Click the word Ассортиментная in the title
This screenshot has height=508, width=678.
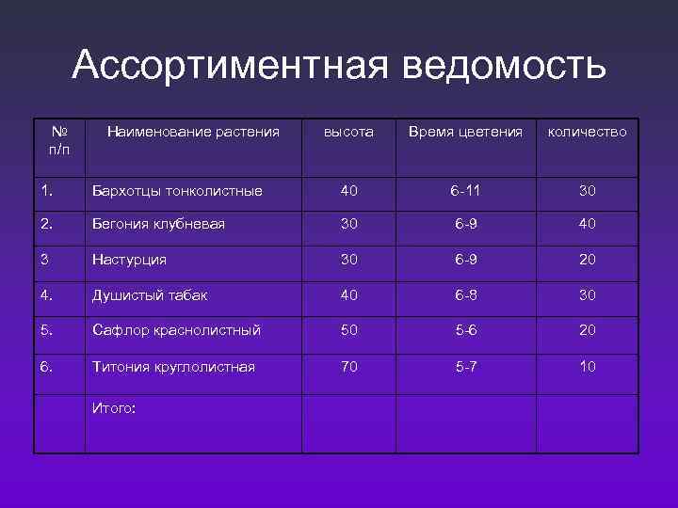pos(230,67)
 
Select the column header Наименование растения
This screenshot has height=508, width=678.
pos(192,133)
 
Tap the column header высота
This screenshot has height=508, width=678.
pos(348,133)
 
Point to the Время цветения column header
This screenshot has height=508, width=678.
pos(465,133)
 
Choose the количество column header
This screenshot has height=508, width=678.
pos(588,133)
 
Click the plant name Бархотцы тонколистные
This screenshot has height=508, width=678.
pos(177,191)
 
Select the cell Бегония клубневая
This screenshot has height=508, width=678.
pos(158,224)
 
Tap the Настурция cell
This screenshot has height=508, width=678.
pos(129,260)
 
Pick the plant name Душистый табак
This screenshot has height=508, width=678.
pos(150,295)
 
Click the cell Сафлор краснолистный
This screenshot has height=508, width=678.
pos(176,331)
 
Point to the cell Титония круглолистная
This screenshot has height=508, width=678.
pos(173,367)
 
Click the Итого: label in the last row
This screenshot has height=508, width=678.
pos(114,406)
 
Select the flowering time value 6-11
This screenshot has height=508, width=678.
pos(466,191)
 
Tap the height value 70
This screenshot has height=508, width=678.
pos(348,367)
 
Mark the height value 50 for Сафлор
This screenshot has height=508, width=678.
pos(348,331)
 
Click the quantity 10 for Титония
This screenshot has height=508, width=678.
pos(588,367)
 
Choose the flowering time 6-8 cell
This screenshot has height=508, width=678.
pos(466,295)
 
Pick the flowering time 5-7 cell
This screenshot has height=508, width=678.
pos(466,367)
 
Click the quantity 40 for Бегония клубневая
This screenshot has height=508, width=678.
pos(588,224)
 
